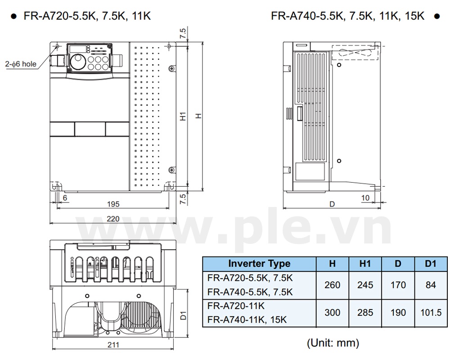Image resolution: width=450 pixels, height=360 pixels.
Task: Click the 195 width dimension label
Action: click(x=113, y=204)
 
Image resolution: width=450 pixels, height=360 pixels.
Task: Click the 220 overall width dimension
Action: click(x=113, y=219)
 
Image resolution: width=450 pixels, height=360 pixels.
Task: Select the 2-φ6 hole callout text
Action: click(x=21, y=64)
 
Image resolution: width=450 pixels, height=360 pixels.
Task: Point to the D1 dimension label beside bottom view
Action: click(x=183, y=315)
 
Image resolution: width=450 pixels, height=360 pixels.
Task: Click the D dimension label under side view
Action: click(x=332, y=204)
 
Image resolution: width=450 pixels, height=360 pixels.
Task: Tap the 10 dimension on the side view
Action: click(x=365, y=198)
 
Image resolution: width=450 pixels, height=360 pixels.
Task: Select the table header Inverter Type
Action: click(x=259, y=264)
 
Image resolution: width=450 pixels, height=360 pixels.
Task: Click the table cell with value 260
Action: click(x=332, y=285)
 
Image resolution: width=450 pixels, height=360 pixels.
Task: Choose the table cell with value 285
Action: click(x=364, y=313)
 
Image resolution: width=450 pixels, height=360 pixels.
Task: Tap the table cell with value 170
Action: click(x=398, y=285)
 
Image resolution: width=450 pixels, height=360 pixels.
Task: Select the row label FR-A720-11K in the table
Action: click(x=236, y=306)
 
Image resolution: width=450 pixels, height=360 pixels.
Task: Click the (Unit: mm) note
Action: click(x=333, y=343)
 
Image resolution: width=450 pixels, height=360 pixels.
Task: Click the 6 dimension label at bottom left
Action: click(x=65, y=198)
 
